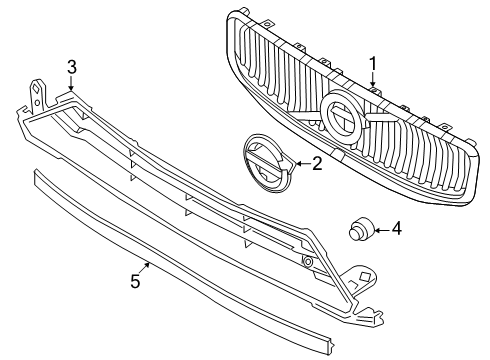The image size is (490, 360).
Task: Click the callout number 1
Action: pyautogui.click(x=373, y=64)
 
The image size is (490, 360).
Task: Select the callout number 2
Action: pyautogui.click(x=317, y=164)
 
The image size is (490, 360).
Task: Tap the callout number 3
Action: pyautogui.click(x=72, y=67)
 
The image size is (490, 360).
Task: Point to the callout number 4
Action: pyautogui.click(x=397, y=229)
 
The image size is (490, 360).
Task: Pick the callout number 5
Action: pyautogui.click(x=135, y=281)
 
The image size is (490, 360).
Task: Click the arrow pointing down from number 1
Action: pyautogui.click(x=373, y=81)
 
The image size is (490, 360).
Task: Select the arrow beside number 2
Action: pyautogui.click(x=303, y=164)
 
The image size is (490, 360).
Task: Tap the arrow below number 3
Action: pyautogui.click(x=71, y=83)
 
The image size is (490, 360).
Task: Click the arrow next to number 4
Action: pyautogui.click(x=382, y=230)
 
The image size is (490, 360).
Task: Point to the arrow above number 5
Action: pyautogui.click(x=144, y=268)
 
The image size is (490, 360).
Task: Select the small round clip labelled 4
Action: pyautogui.click(x=361, y=228)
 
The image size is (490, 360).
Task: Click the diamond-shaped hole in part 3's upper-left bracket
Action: pyautogui.click(x=35, y=89)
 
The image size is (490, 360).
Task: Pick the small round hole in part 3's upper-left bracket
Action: pyautogui.click(x=38, y=101)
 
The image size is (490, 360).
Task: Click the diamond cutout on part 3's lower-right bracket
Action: pyautogui.click(x=366, y=276)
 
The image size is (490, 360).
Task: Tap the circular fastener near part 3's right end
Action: pyautogui.click(x=307, y=262)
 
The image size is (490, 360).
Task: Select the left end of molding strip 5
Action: pyautogui.click(x=37, y=177)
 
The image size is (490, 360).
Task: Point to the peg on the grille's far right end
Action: pyautogui.click(x=470, y=141)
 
